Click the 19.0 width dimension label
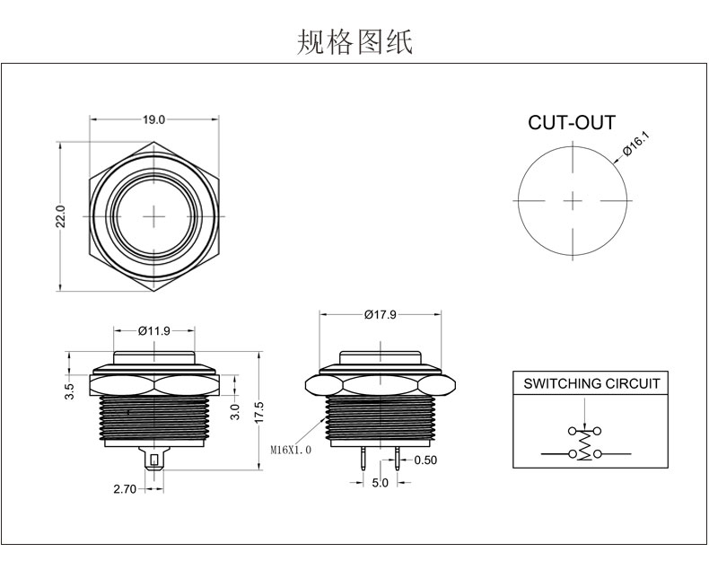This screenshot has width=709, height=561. tap(153, 119)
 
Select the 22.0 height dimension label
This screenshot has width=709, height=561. tap(61, 216)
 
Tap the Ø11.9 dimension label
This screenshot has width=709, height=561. tap(154, 331)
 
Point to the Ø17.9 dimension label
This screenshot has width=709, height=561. tap(381, 314)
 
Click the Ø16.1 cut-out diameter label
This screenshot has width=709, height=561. tap(635, 144)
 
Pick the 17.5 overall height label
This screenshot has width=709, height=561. tap(258, 412)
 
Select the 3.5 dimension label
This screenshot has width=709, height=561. tap(69, 391)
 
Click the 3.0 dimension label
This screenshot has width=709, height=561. tap(234, 411)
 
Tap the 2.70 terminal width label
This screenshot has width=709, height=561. tap(125, 488)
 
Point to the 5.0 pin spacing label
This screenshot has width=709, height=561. tap(381, 483)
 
